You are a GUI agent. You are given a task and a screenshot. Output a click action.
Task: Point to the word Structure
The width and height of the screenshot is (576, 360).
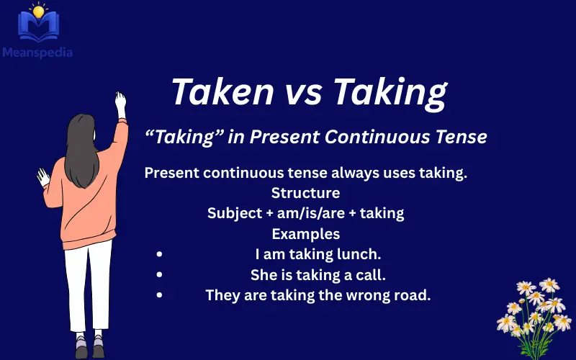(x=305, y=193)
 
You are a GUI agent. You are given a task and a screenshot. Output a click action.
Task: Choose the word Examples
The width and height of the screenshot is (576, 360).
(x=305, y=234)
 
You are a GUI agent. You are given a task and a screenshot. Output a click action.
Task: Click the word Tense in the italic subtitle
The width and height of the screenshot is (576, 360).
(x=461, y=137)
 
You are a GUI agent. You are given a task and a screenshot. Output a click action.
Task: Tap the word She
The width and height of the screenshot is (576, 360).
(x=264, y=274)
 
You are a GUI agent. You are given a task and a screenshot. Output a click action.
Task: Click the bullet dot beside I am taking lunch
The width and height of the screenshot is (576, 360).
(x=158, y=254)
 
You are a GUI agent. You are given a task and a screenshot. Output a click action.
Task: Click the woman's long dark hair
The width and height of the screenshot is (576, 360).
(x=82, y=144)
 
